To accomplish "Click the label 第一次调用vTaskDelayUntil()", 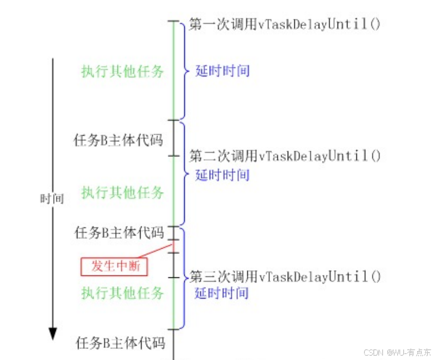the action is [284, 24].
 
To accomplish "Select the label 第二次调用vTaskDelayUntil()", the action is [284, 156].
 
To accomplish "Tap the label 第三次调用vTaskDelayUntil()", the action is [284, 276].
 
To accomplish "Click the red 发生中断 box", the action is [115, 266].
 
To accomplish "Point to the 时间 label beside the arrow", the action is [52, 199].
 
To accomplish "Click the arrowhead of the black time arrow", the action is [53, 333].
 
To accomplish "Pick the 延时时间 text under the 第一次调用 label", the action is [222, 71].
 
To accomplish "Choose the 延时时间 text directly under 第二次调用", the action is [222, 176].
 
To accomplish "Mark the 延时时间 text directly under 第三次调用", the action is [221, 293].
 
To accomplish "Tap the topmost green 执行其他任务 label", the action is [123, 71].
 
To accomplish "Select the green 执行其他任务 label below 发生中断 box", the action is [123, 293].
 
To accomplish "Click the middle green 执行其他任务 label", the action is [123, 193].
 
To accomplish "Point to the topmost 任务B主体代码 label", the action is [118, 140].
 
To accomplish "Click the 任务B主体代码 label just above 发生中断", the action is [120, 233].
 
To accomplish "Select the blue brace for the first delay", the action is [184, 70].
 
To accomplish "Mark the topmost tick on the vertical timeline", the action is [174, 22].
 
